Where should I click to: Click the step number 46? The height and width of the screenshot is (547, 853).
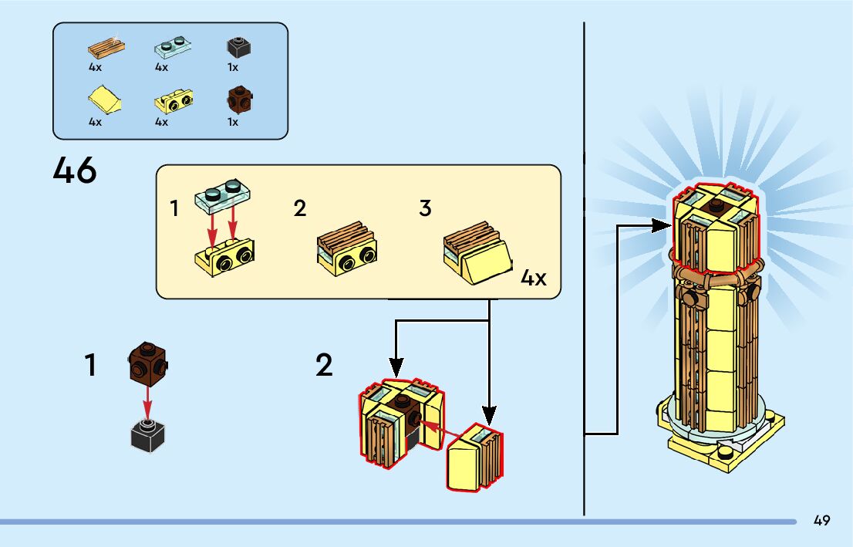[75, 170]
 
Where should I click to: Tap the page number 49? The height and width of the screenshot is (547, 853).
[821, 521]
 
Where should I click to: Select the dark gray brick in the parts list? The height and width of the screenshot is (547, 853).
[239, 47]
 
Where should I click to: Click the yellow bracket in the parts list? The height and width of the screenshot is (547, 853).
[174, 99]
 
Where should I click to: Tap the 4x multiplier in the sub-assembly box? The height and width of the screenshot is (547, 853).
[534, 278]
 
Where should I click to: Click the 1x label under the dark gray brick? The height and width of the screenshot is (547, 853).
[232, 67]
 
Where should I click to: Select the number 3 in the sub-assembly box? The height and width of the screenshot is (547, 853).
[425, 208]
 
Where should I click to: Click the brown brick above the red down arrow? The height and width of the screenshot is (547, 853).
[147, 363]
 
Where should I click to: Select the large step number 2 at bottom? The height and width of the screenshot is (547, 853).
[325, 366]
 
